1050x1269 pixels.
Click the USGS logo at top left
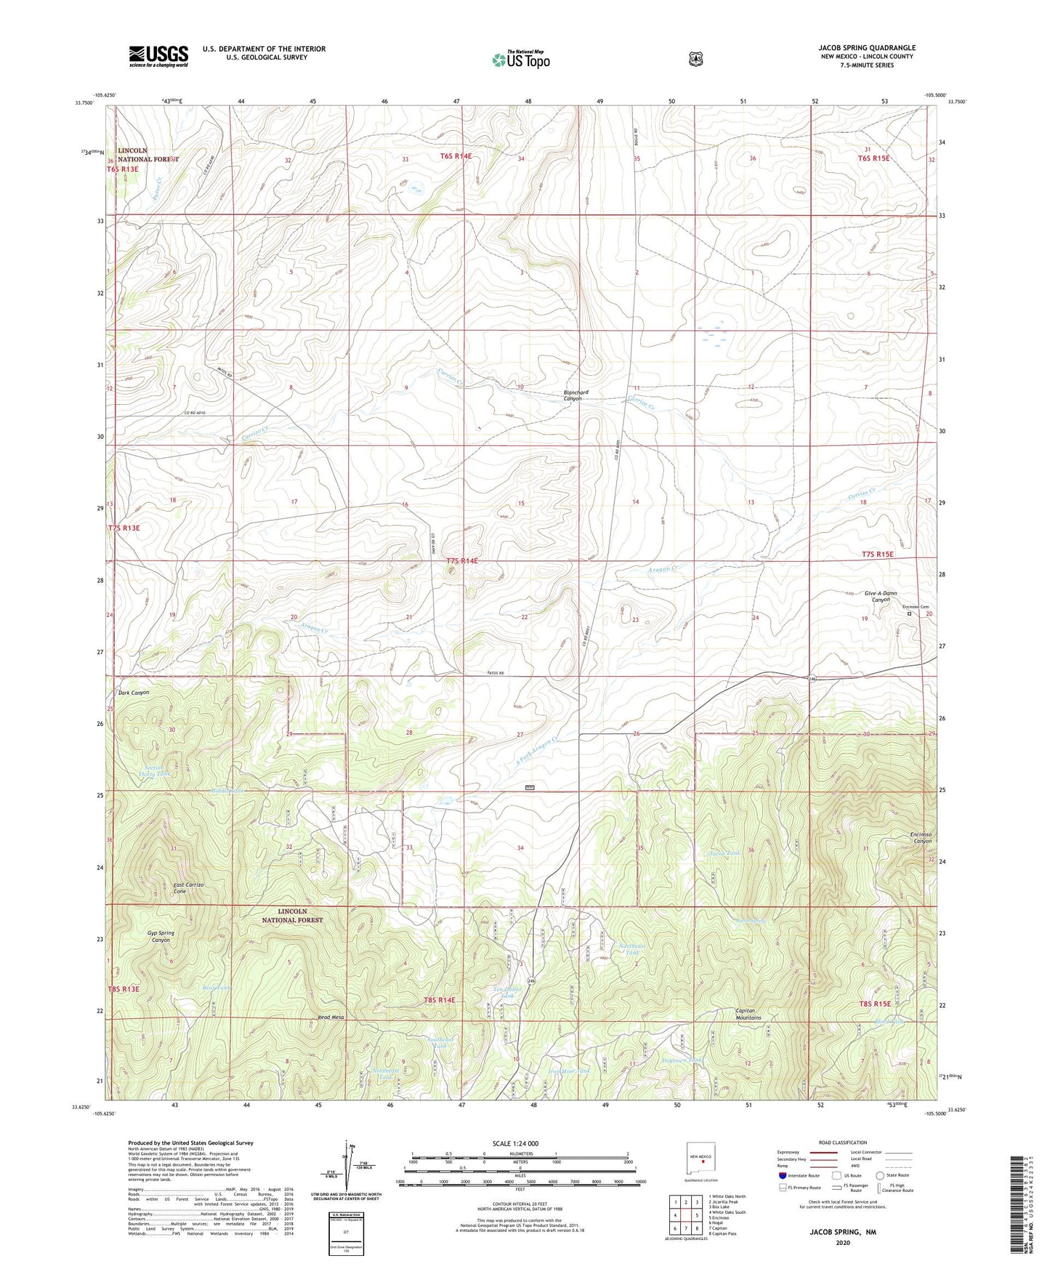click(x=158, y=56)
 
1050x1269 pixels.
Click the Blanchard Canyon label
click(x=576, y=395)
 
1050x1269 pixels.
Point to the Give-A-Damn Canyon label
click(x=880, y=597)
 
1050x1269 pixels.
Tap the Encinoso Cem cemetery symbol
click(x=908, y=614)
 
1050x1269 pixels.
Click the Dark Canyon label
click(x=134, y=693)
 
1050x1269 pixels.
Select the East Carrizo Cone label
click(x=188, y=888)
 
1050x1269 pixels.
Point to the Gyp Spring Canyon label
click(x=161, y=936)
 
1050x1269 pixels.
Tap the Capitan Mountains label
click(x=748, y=1014)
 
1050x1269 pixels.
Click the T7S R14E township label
click(x=463, y=561)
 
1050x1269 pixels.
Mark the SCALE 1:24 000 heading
click(x=515, y=1143)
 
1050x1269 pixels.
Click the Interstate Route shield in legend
click(x=782, y=1175)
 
